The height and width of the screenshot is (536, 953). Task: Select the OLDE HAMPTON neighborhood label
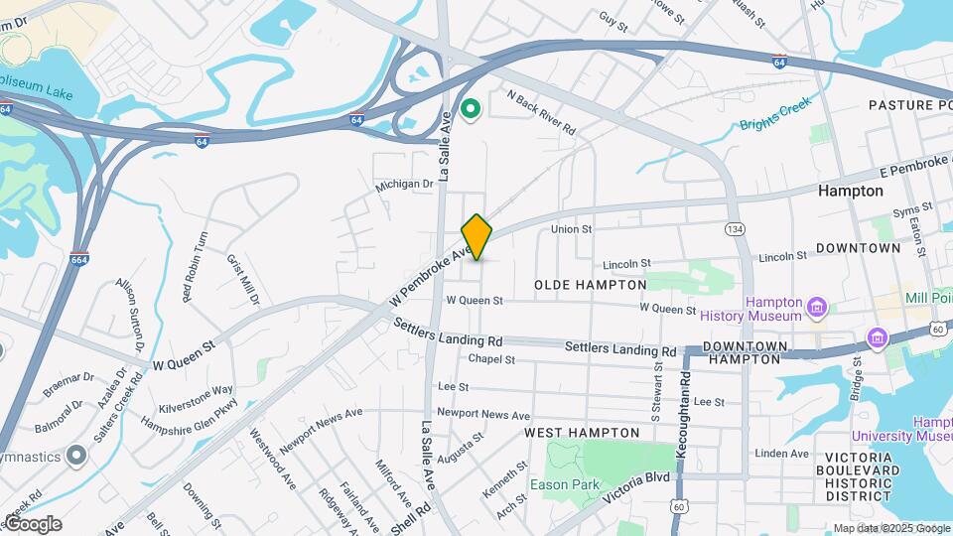click(590, 285)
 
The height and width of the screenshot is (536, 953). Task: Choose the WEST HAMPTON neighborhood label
click(582, 433)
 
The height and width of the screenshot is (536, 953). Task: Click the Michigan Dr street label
click(404, 184)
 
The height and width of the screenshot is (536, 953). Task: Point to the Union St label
click(572, 229)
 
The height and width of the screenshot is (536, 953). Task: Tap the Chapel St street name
click(491, 359)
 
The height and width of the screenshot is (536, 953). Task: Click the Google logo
click(33, 524)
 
